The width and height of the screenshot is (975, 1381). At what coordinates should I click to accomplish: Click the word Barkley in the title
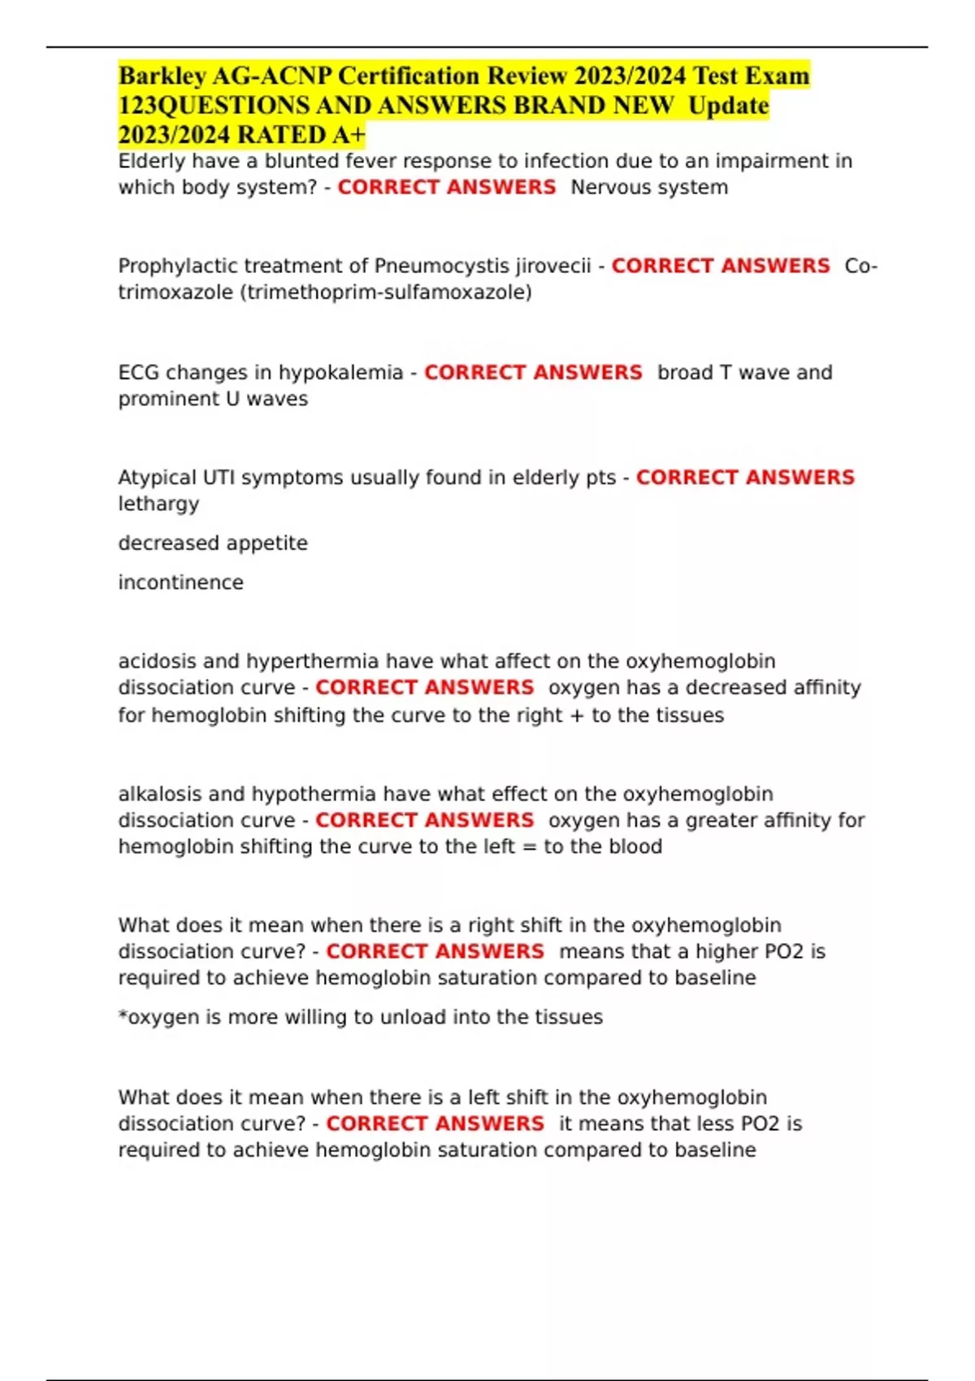(x=161, y=76)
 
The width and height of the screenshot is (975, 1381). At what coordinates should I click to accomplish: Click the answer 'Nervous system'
(x=649, y=187)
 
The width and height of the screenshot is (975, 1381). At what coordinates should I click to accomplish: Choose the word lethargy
(x=158, y=504)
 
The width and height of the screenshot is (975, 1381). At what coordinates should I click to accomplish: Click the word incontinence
(x=180, y=582)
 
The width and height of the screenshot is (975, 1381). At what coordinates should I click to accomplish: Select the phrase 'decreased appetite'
(x=213, y=543)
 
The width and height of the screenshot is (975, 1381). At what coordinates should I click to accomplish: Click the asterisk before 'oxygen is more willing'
(x=123, y=1015)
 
